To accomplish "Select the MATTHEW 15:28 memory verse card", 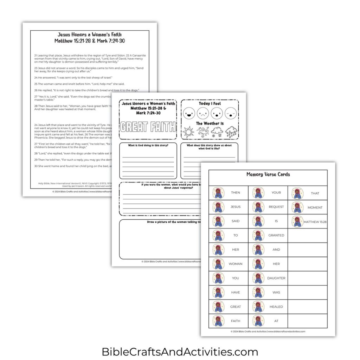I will click(308, 221).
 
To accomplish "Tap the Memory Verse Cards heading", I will click(268, 174).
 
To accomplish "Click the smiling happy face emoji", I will click(189, 114).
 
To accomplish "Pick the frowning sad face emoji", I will click(203, 114).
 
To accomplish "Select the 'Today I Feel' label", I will click(210, 104).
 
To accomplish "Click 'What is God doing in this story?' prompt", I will click(148, 145).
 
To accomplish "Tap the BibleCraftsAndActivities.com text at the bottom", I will click(180, 352).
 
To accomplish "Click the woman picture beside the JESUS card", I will click(218, 207).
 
